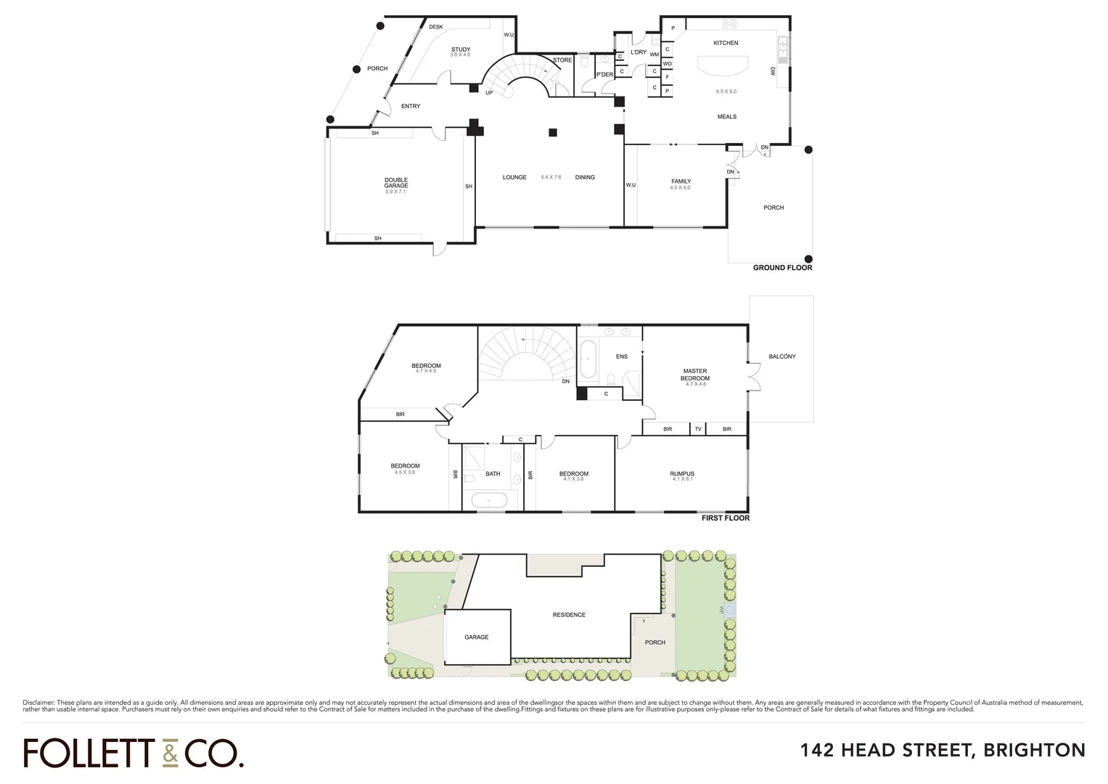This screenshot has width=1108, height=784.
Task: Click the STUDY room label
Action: coord(460,49)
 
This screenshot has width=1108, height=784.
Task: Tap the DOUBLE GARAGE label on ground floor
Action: coord(396,182)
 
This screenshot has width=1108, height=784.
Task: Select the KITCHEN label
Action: coord(726,43)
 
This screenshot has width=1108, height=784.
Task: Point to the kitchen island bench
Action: coord(722,67)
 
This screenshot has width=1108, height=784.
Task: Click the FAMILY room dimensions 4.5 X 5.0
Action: coord(681,188)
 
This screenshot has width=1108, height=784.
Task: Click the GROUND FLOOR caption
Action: coord(782,268)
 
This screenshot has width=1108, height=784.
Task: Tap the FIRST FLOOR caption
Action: coord(725,518)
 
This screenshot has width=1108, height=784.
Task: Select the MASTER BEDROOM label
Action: coord(695,375)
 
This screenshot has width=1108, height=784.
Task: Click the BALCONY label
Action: coord(782,356)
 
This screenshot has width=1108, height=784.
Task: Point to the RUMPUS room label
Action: coord(682,474)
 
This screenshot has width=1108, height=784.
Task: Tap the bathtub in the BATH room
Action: coord(489,500)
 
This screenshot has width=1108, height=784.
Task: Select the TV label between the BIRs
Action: coord(698,429)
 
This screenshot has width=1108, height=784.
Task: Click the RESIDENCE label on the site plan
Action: coord(569,615)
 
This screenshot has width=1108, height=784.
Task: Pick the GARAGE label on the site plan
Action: coord(476,637)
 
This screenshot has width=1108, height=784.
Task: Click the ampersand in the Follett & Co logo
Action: coord(169,754)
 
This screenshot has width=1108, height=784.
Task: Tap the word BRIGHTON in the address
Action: coord(1034,750)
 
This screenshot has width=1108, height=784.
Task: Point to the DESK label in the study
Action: coord(435,27)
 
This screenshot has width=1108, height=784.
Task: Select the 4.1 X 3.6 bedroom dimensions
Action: coord(573,479)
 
